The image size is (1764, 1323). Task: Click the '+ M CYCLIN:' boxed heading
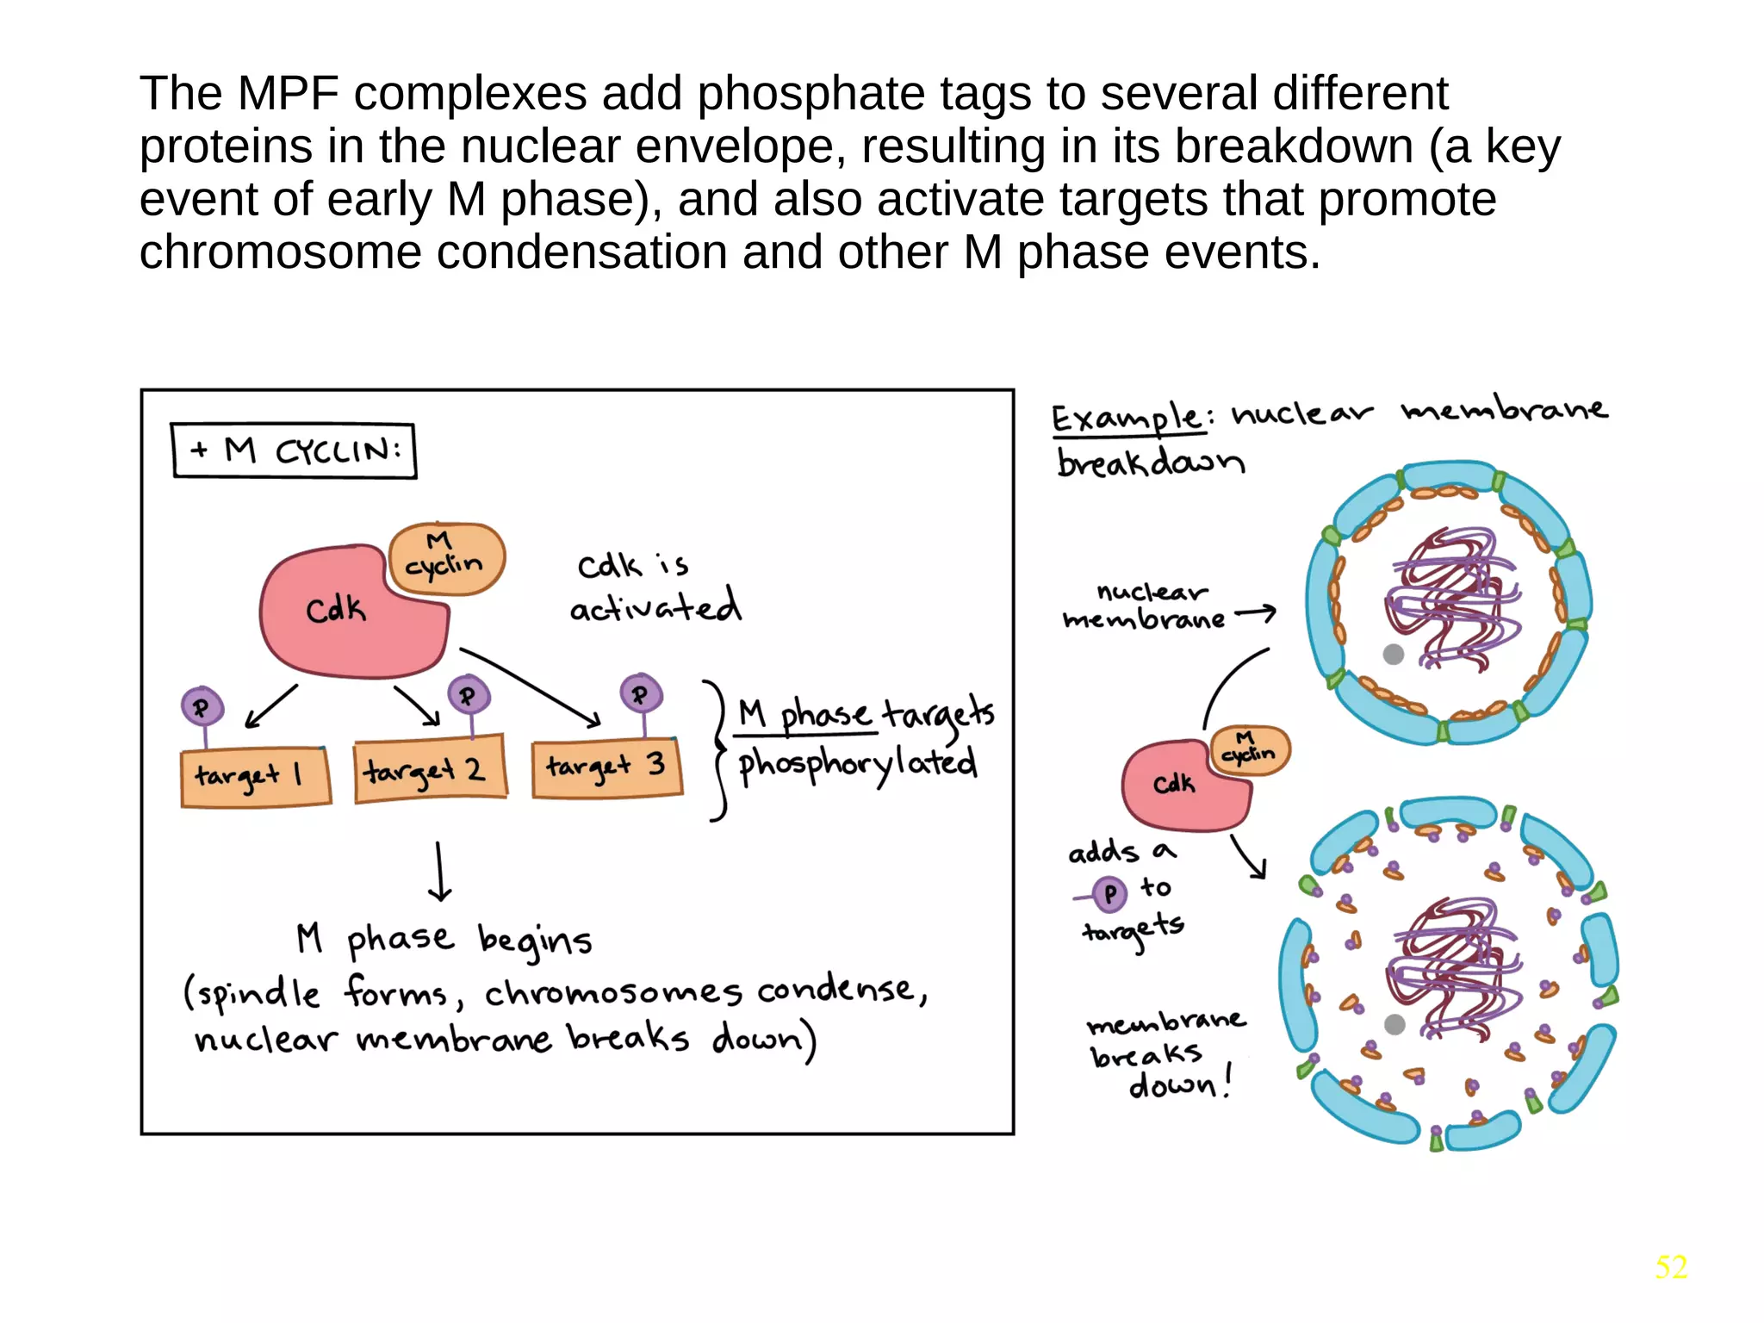pyautogui.click(x=294, y=450)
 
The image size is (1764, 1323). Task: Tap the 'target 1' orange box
pyautogui.click(x=256, y=776)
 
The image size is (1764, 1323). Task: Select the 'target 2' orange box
pyautogui.click(x=430, y=769)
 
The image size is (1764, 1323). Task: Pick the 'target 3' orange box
pyautogui.click(x=607, y=767)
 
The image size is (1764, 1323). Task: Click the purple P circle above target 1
pyautogui.click(x=202, y=707)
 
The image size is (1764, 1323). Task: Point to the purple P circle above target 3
pyautogui.click(x=641, y=693)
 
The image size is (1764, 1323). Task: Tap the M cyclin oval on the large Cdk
pyautogui.click(x=446, y=557)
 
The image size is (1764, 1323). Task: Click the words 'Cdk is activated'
pyautogui.click(x=655, y=587)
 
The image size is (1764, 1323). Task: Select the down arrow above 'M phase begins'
pyautogui.click(x=439, y=872)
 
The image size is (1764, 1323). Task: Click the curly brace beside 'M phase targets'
pyautogui.click(x=718, y=749)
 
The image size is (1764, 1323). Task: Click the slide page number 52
pyautogui.click(x=1670, y=1266)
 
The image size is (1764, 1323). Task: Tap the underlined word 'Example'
pyautogui.click(x=1127, y=419)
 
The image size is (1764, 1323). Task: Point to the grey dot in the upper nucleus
pyautogui.click(x=1393, y=654)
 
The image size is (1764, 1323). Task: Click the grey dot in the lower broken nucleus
pyautogui.click(x=1394, y=1024)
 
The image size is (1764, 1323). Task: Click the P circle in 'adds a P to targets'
pyautogui.click(x=1109, y=893)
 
